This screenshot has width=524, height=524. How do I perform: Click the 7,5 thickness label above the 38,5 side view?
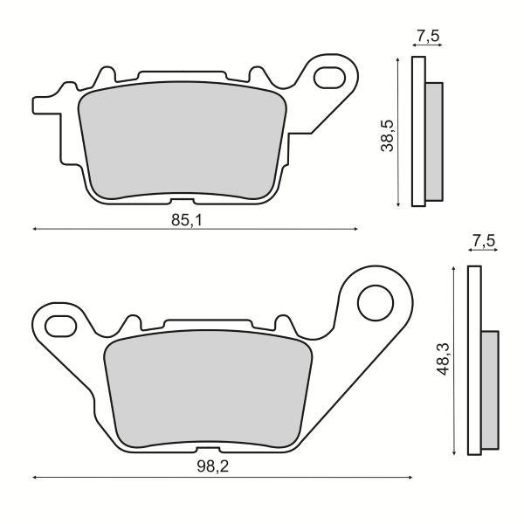pos(427,36)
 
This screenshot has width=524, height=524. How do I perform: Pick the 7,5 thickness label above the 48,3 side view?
pos(483,240)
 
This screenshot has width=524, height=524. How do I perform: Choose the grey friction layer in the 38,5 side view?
pos(434,140)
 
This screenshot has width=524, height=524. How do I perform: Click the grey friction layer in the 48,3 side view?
pos(490,389)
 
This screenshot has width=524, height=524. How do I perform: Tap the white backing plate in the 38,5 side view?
pos(417,131)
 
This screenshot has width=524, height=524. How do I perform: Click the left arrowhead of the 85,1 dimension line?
pos(35,230)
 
